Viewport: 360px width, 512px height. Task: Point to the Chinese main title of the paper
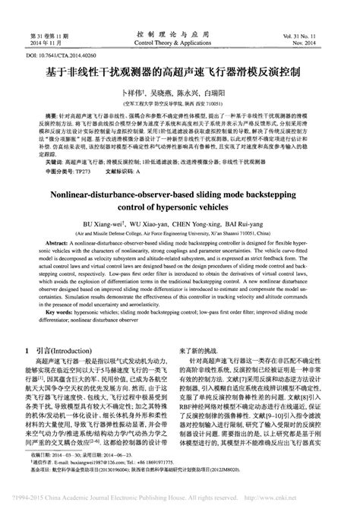click(179, 76)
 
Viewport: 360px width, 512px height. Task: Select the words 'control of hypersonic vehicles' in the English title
click(180, 207)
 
